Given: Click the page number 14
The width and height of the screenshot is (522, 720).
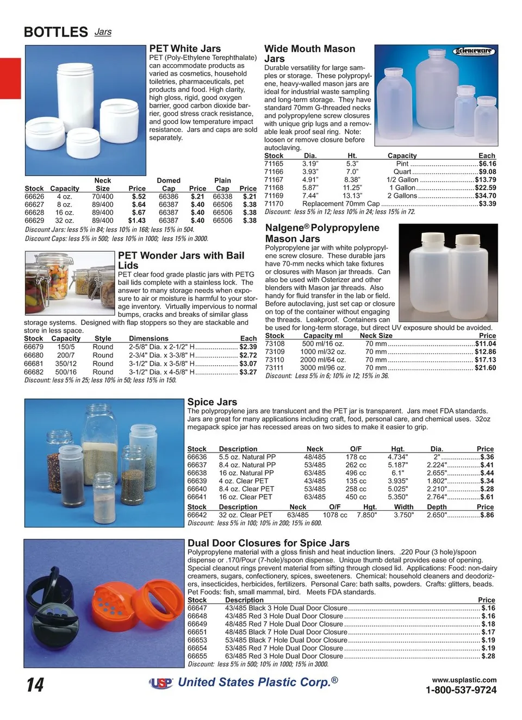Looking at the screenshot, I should (x=35, y=685).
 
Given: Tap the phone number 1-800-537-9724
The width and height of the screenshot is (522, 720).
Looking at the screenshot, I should (x=461, y=690).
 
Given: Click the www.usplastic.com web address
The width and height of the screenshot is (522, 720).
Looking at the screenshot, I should (x=464, y=680).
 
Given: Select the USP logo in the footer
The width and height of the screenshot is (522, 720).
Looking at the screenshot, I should (x=161, y=684).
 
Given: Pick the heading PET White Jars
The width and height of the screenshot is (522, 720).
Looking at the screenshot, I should (x=185, y=48).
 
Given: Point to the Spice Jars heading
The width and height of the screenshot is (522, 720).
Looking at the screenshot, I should (x=212, y=402).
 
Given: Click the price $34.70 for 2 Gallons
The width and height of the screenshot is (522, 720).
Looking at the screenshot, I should (x=485, y=196).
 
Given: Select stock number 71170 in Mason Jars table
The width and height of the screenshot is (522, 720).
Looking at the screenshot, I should (x=274, y=204).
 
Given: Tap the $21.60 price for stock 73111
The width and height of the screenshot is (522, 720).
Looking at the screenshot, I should (x=485, y=368).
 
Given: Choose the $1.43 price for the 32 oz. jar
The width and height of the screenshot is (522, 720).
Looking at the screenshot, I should (x=136, y=221).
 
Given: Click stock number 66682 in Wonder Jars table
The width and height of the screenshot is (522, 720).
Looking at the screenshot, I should (x=34, y=372).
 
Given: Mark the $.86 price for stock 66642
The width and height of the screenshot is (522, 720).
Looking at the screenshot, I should (x=487, y=515).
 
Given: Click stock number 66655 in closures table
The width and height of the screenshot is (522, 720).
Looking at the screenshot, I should (x=197, y=656).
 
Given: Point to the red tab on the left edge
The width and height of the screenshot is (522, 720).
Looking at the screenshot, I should (x=10, y=78).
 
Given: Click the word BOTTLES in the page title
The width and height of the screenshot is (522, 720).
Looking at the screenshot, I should (x=55, y=32).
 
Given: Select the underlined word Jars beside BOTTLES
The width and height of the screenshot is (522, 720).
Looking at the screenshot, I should (x=103, y=32).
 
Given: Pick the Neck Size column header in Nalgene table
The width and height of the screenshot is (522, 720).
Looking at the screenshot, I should (x=376, y=336).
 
